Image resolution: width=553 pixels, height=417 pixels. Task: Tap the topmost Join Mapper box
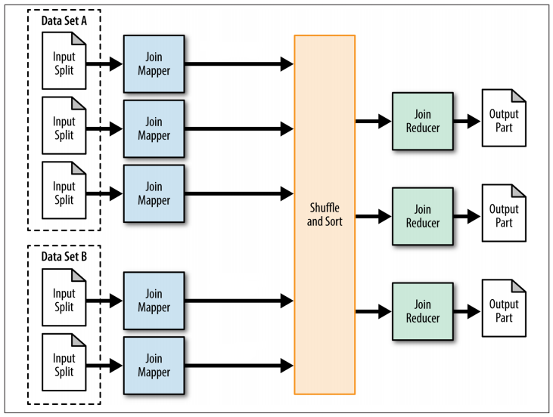pos(154,65)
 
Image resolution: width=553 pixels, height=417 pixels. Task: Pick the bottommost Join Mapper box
pos(154,366)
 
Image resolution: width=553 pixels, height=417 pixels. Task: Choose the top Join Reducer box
pos(421,120)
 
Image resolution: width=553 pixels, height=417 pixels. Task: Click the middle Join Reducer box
pos(421,215)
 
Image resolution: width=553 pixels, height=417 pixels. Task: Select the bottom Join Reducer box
pos(421,310)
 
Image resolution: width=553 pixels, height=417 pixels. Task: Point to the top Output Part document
pos(504,120)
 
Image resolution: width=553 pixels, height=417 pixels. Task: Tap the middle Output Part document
pos(504,215)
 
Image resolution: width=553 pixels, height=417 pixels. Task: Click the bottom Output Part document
pos(504,310)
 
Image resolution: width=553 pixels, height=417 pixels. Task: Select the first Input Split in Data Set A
pos(64,65)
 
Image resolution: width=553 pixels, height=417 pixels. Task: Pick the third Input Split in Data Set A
pos(64,190)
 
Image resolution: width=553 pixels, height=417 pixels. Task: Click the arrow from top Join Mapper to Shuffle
pos(238,65)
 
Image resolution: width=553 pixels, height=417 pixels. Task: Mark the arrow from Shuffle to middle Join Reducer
pos(373,215)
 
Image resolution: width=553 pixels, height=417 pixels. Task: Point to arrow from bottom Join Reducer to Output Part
pos(465,310)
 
